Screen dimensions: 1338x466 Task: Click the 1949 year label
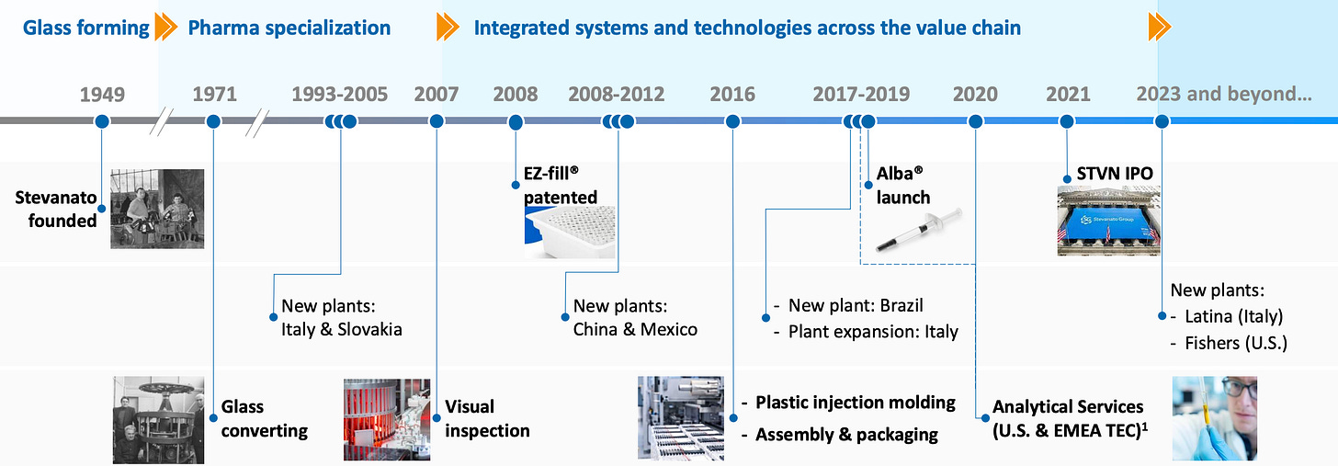(102, 95)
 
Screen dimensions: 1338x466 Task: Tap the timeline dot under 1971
(213, 121)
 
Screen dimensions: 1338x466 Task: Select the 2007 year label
(436, 95)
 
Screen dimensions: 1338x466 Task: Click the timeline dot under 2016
(732, 121)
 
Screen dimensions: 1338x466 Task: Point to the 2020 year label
(975, 95)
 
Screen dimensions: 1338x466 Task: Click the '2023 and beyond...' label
(1224, 95)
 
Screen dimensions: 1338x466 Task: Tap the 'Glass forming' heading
(86, 28)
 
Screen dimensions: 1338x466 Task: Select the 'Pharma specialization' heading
(289, 28)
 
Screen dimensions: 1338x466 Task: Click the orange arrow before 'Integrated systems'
(448, 27)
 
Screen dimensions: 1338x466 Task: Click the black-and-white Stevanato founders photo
(157, 209)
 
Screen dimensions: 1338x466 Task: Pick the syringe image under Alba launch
(919, 230)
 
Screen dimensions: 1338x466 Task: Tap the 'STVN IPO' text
(1115, 173)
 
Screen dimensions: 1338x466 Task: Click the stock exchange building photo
(1108, 221)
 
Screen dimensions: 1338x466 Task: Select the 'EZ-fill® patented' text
(561, 186)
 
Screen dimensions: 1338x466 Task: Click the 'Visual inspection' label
(487, 418)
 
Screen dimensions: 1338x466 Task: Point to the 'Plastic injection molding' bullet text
(855, 403)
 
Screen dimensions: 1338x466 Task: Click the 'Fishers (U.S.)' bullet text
(1236, 343)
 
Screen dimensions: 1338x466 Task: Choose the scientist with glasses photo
(1214, 418)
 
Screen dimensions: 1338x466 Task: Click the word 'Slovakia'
(369, 329)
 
